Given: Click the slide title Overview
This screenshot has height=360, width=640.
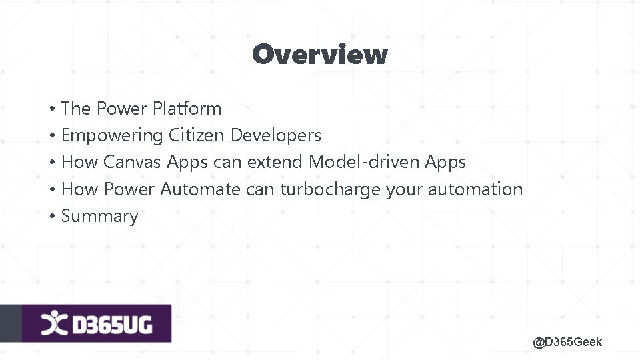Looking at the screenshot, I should tap(319, 54).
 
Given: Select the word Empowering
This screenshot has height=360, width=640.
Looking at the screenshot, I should tap(112, 135).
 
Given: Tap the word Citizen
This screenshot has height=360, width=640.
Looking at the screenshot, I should tap(197, 135).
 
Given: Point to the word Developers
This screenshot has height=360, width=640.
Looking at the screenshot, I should tap(275, 135).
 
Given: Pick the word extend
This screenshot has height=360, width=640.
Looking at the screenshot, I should tap(275, 162).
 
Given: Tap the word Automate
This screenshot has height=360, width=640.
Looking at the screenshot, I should tap(200, 189).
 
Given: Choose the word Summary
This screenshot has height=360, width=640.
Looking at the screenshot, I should tap(100, 216).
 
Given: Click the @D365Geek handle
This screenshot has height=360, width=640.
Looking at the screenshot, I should tap(567, 342).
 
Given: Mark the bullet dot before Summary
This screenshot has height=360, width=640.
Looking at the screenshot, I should tap(51, 217).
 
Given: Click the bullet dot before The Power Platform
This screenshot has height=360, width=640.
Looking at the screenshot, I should tap(51, 109).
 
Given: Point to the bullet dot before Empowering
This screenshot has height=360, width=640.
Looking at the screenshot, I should tap(51, 136).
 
